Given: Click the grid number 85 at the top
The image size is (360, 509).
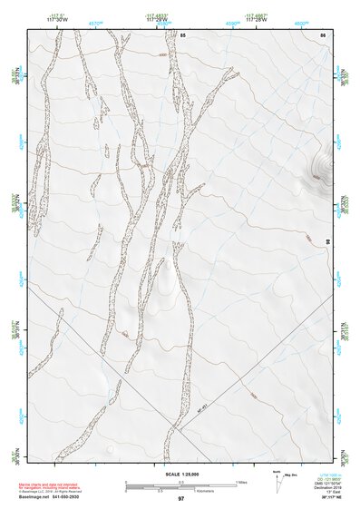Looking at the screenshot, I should click(x=182, y=34).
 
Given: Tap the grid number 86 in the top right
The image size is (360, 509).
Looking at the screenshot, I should click(x=322, y=34).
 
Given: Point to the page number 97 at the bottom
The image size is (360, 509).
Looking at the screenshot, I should click(x=180, y=499).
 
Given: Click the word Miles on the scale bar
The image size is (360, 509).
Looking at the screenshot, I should click(x=241, y=481).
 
